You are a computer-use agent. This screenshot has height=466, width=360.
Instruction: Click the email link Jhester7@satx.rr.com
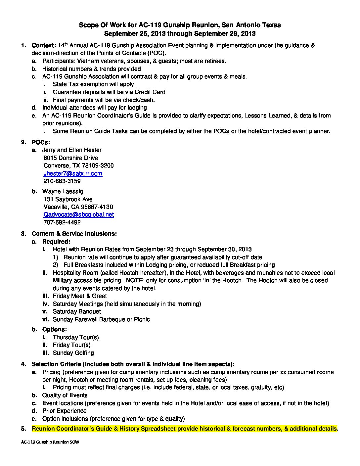73,173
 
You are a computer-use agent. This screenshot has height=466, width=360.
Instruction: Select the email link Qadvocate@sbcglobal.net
79,214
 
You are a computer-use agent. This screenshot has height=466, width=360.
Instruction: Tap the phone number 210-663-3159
62,181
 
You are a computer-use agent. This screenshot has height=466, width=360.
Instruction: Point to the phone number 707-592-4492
62,222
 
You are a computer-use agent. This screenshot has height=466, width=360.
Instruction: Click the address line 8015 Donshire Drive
71,158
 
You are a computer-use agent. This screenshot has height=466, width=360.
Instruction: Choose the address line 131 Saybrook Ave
68,199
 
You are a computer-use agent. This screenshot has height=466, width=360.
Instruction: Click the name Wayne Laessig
63,191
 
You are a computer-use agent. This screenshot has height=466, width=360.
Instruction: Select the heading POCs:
41,142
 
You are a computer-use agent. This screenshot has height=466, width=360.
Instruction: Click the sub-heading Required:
56,242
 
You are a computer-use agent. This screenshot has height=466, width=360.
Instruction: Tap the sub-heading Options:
55,329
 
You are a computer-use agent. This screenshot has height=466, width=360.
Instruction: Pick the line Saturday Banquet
77,311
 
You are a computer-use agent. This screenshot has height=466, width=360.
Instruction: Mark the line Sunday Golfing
73,353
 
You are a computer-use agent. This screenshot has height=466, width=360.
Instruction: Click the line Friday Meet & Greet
80,296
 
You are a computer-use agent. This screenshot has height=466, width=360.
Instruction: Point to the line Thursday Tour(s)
76,337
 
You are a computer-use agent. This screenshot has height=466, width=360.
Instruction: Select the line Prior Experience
64,411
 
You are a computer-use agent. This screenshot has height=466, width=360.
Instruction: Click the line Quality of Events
65,395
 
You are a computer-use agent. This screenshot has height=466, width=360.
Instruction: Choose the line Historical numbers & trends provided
91,69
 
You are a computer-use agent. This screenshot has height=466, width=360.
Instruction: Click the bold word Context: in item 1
44,45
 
